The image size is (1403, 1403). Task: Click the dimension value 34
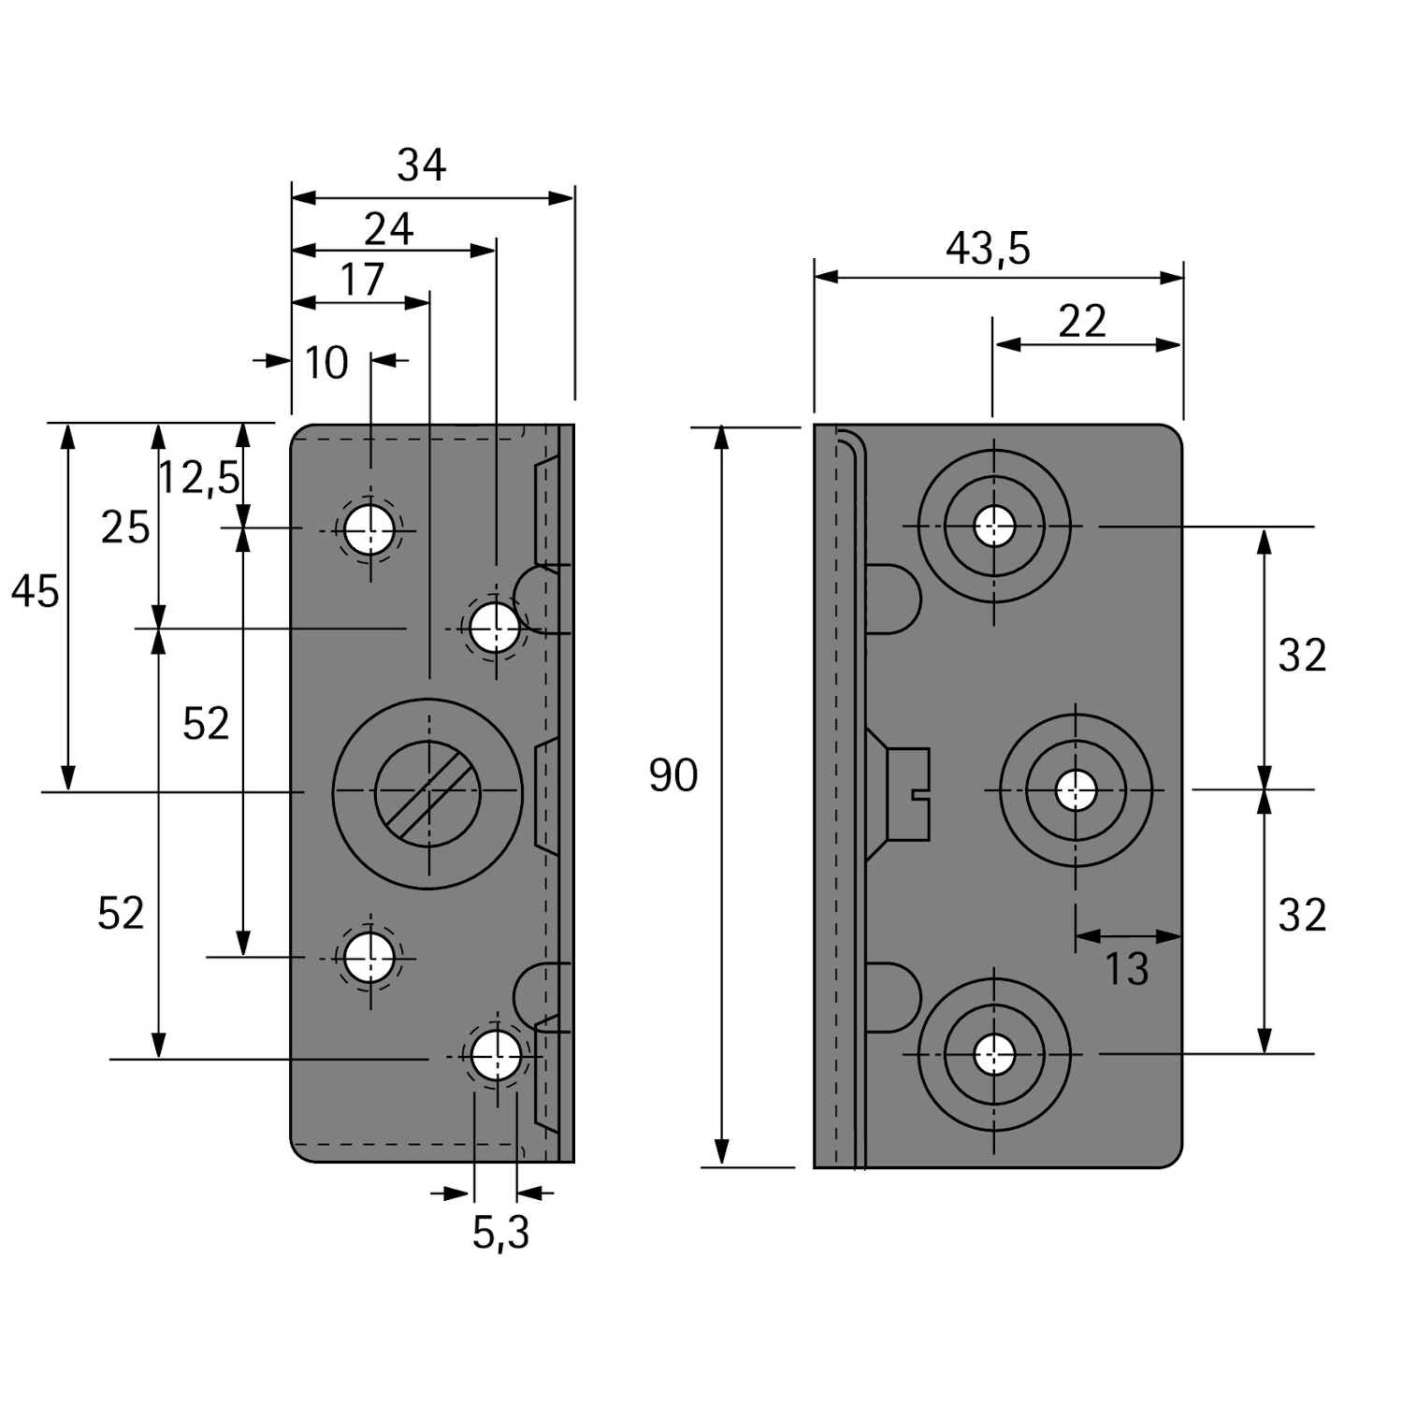coord(422,166)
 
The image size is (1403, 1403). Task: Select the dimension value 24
coord(388,229)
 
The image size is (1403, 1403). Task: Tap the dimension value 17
coord(361,279)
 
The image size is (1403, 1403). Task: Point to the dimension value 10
coord(326,363)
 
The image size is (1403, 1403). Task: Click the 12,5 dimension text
coord(198,478)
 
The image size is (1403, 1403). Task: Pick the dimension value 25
coord(125,528)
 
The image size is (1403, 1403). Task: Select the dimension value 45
coord(36,592)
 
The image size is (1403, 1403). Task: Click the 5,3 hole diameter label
coord(500,1234)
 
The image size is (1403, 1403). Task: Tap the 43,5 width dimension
coord(988,249)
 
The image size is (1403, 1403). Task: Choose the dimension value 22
coord(1082,322)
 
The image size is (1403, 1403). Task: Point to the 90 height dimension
coord(673,776)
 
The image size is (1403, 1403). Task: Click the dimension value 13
coord(1126,970)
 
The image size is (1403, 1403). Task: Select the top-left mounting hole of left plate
coord(369,530)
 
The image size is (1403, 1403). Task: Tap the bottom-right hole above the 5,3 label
coord(496,1056)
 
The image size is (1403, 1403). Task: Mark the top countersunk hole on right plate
coord(993,526)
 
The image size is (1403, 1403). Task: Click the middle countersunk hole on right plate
coord(1076,790)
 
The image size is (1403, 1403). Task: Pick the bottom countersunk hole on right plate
coord(993,1055)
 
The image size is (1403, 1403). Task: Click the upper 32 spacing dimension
coord(1301,657)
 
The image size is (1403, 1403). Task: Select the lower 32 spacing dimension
coord(1301,916)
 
